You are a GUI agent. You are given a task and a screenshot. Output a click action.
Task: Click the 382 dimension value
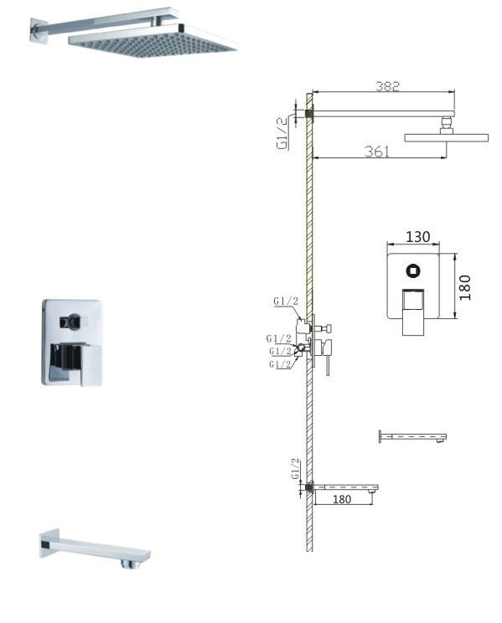point(387,85)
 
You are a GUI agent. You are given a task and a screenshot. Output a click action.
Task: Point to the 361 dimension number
point(377,152)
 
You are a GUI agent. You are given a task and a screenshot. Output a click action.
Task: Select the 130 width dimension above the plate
point(417,237)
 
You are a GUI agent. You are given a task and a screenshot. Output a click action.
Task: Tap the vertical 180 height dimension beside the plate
point(464,288)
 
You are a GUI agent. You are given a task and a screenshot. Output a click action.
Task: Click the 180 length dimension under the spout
point(342,499)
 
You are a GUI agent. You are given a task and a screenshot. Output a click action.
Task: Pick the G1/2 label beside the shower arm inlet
point(282,133)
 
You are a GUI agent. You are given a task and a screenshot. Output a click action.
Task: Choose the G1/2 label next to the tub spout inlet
point(295,468)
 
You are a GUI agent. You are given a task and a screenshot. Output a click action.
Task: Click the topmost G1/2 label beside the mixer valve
point(286,301)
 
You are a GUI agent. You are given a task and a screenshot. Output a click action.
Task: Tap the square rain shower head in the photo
point(153,40)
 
